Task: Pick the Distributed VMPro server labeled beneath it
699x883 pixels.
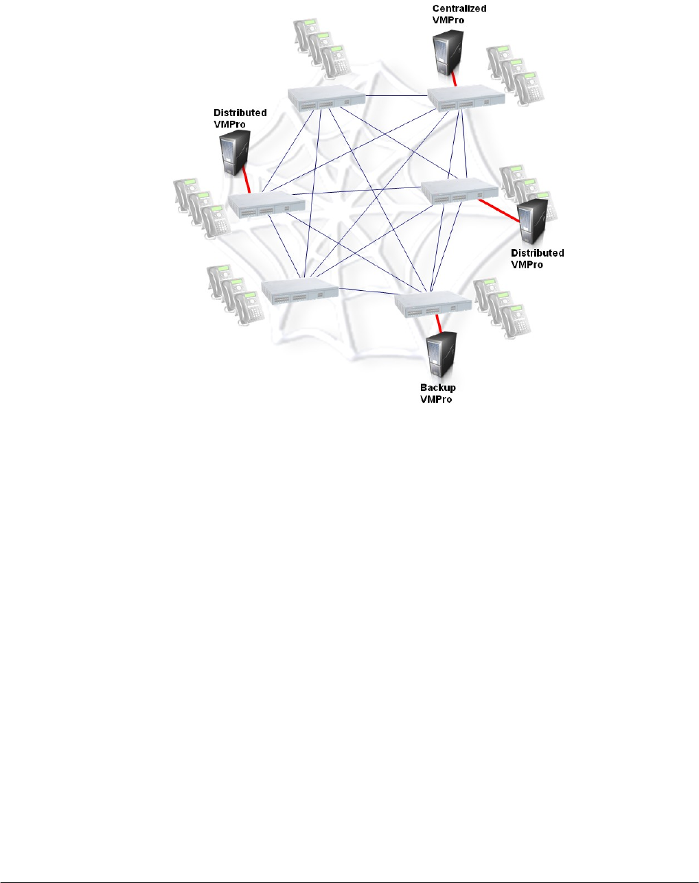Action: [534, 220]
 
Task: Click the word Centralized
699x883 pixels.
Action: [459, 9]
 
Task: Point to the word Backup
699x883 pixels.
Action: [438, 388]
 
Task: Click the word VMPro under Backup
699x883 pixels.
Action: [436, 399]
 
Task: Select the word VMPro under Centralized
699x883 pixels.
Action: [448, 19]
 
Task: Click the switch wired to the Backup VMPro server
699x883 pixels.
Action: [433, 303]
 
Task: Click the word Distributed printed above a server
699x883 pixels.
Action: [240, 113]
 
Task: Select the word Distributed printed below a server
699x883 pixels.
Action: [538, 253]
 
